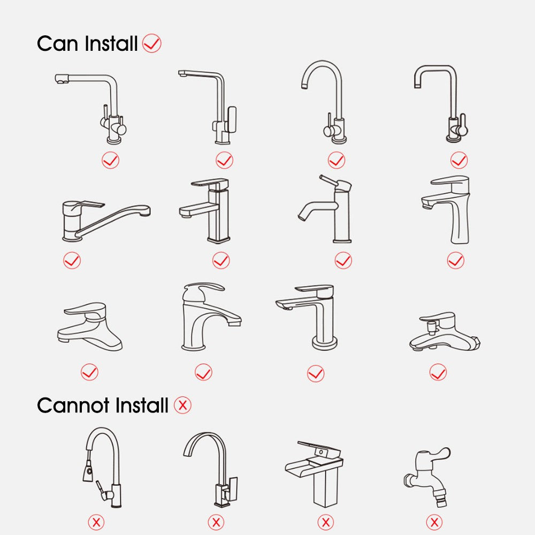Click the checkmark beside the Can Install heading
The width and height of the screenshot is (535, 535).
point(151,43)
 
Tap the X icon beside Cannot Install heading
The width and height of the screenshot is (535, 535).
point(182,405)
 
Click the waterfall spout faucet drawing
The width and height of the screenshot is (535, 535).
point(315,474)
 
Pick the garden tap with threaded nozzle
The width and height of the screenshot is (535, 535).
point(427,477)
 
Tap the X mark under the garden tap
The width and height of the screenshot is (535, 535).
point(434,522)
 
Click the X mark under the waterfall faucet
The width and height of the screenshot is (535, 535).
point(325,522)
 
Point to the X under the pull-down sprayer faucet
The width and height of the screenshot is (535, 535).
point(96,522)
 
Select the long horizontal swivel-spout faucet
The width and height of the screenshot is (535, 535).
point(106,220)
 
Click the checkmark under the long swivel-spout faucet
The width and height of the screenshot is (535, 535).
point(72,261)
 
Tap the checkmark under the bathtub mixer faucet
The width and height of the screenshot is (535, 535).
point(438,372)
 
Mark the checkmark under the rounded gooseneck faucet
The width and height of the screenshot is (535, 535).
point(337,160)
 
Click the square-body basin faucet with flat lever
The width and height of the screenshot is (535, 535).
point(205,210)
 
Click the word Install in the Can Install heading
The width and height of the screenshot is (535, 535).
point(111,44)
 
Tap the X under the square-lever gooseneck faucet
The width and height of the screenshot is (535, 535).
point(216,522)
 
